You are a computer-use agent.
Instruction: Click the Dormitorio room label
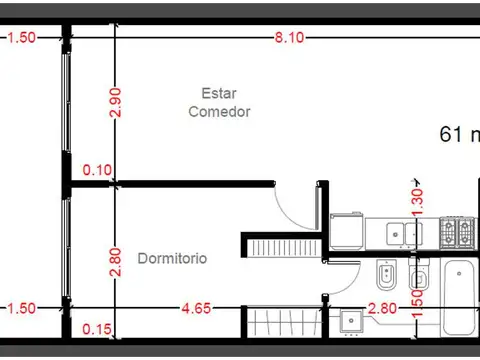tap(172, 258)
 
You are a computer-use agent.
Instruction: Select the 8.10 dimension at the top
tap(291, 38)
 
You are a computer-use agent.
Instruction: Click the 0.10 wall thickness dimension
tap(97, 170)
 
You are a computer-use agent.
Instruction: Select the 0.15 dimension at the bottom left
tap(97, 329)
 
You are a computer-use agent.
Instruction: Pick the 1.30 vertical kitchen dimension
tap(417, 198)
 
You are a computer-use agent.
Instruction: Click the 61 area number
tap(453, 135)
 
